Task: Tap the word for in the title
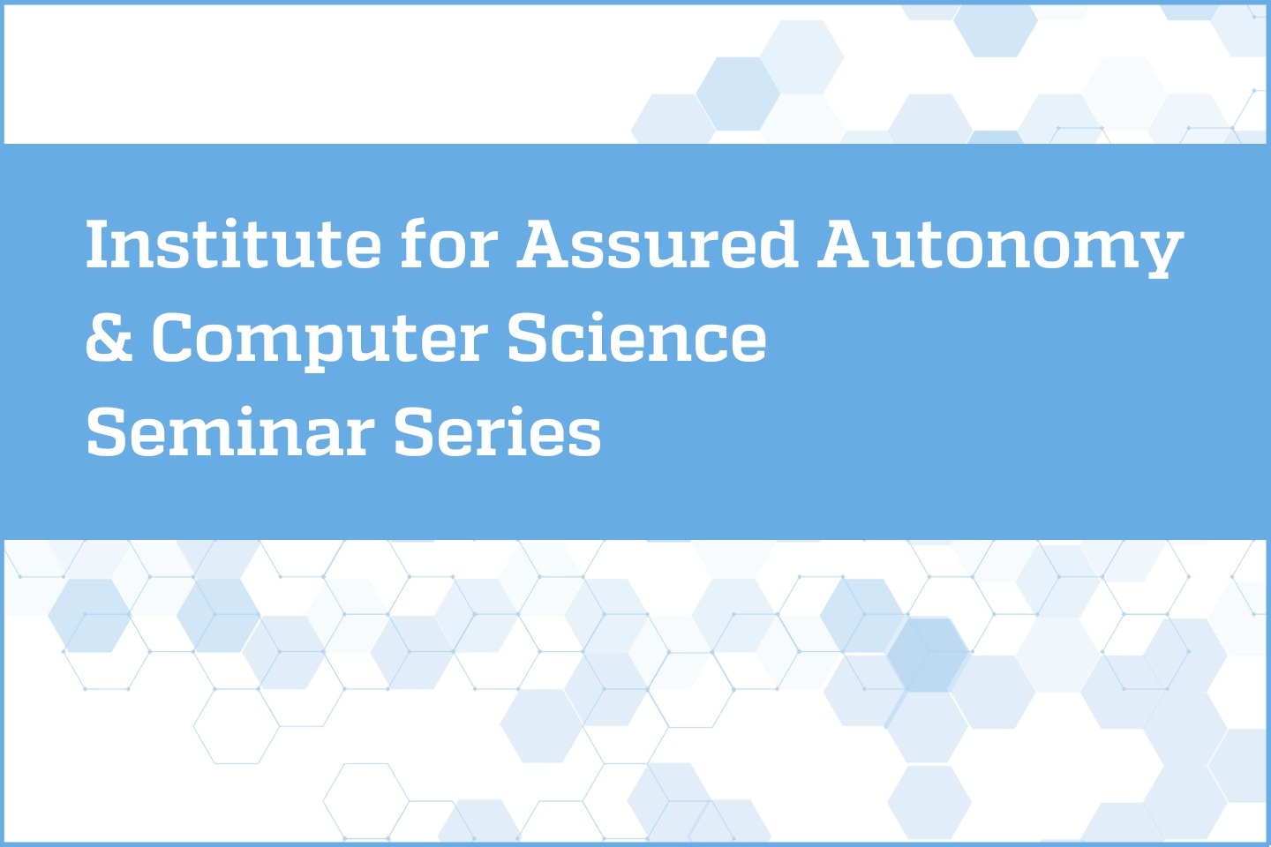pyautogui.click(x=449, y=244)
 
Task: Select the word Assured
pyautogui.click(x=658, y=244)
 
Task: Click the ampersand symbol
pyautogui.click(x=109, y=338)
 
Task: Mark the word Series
pyautogui.click(x=497, y=432)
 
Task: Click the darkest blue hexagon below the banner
pyautogui.click(x=928, y=654)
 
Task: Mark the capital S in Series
pyautogui.click(x=417, y=432)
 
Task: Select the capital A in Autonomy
pyautogui.click(x=846, y=244)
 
